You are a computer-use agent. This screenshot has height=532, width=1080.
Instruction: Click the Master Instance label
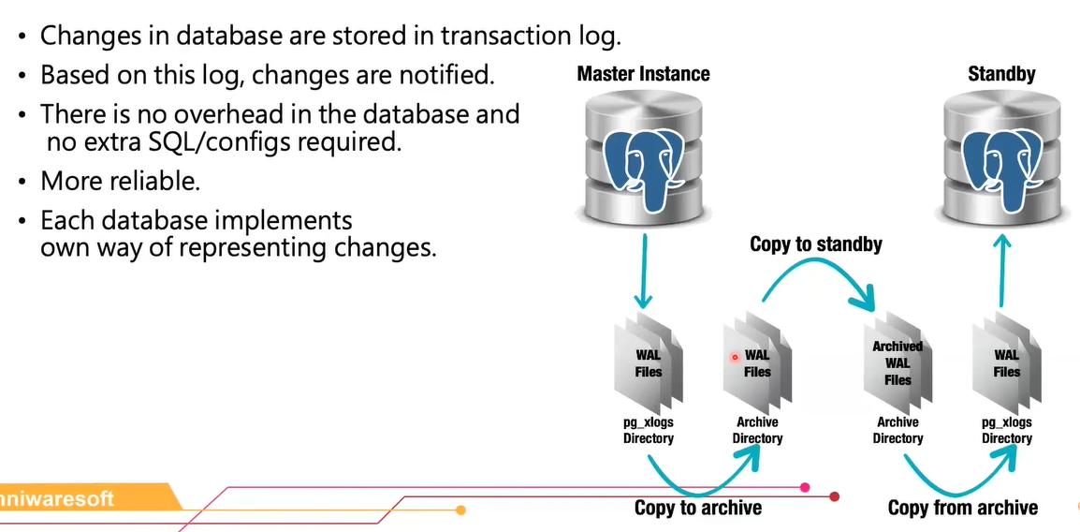[x=643, y=73]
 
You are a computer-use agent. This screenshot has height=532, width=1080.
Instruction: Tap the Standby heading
[x=1001, y=73]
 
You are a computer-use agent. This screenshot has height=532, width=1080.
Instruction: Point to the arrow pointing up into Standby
[x=1002, y=272]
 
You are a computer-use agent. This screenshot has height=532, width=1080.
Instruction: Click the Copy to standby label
[x=816, y=244]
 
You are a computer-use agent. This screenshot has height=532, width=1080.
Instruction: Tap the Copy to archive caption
[x=697, y=508]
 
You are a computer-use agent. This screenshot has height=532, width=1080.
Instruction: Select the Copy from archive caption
[x=962, y=508]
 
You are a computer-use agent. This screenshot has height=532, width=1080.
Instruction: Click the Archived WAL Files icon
[x=897, y=363]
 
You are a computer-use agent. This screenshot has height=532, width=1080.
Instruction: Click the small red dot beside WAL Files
[x=735, y=357]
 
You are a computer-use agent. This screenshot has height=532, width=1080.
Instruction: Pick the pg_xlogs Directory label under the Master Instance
[x=649, y=431]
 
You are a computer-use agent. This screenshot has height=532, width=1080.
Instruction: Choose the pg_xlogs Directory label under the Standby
[x=1007, y=431]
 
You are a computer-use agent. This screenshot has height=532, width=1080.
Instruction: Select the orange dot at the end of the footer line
[x=460, y=510]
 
